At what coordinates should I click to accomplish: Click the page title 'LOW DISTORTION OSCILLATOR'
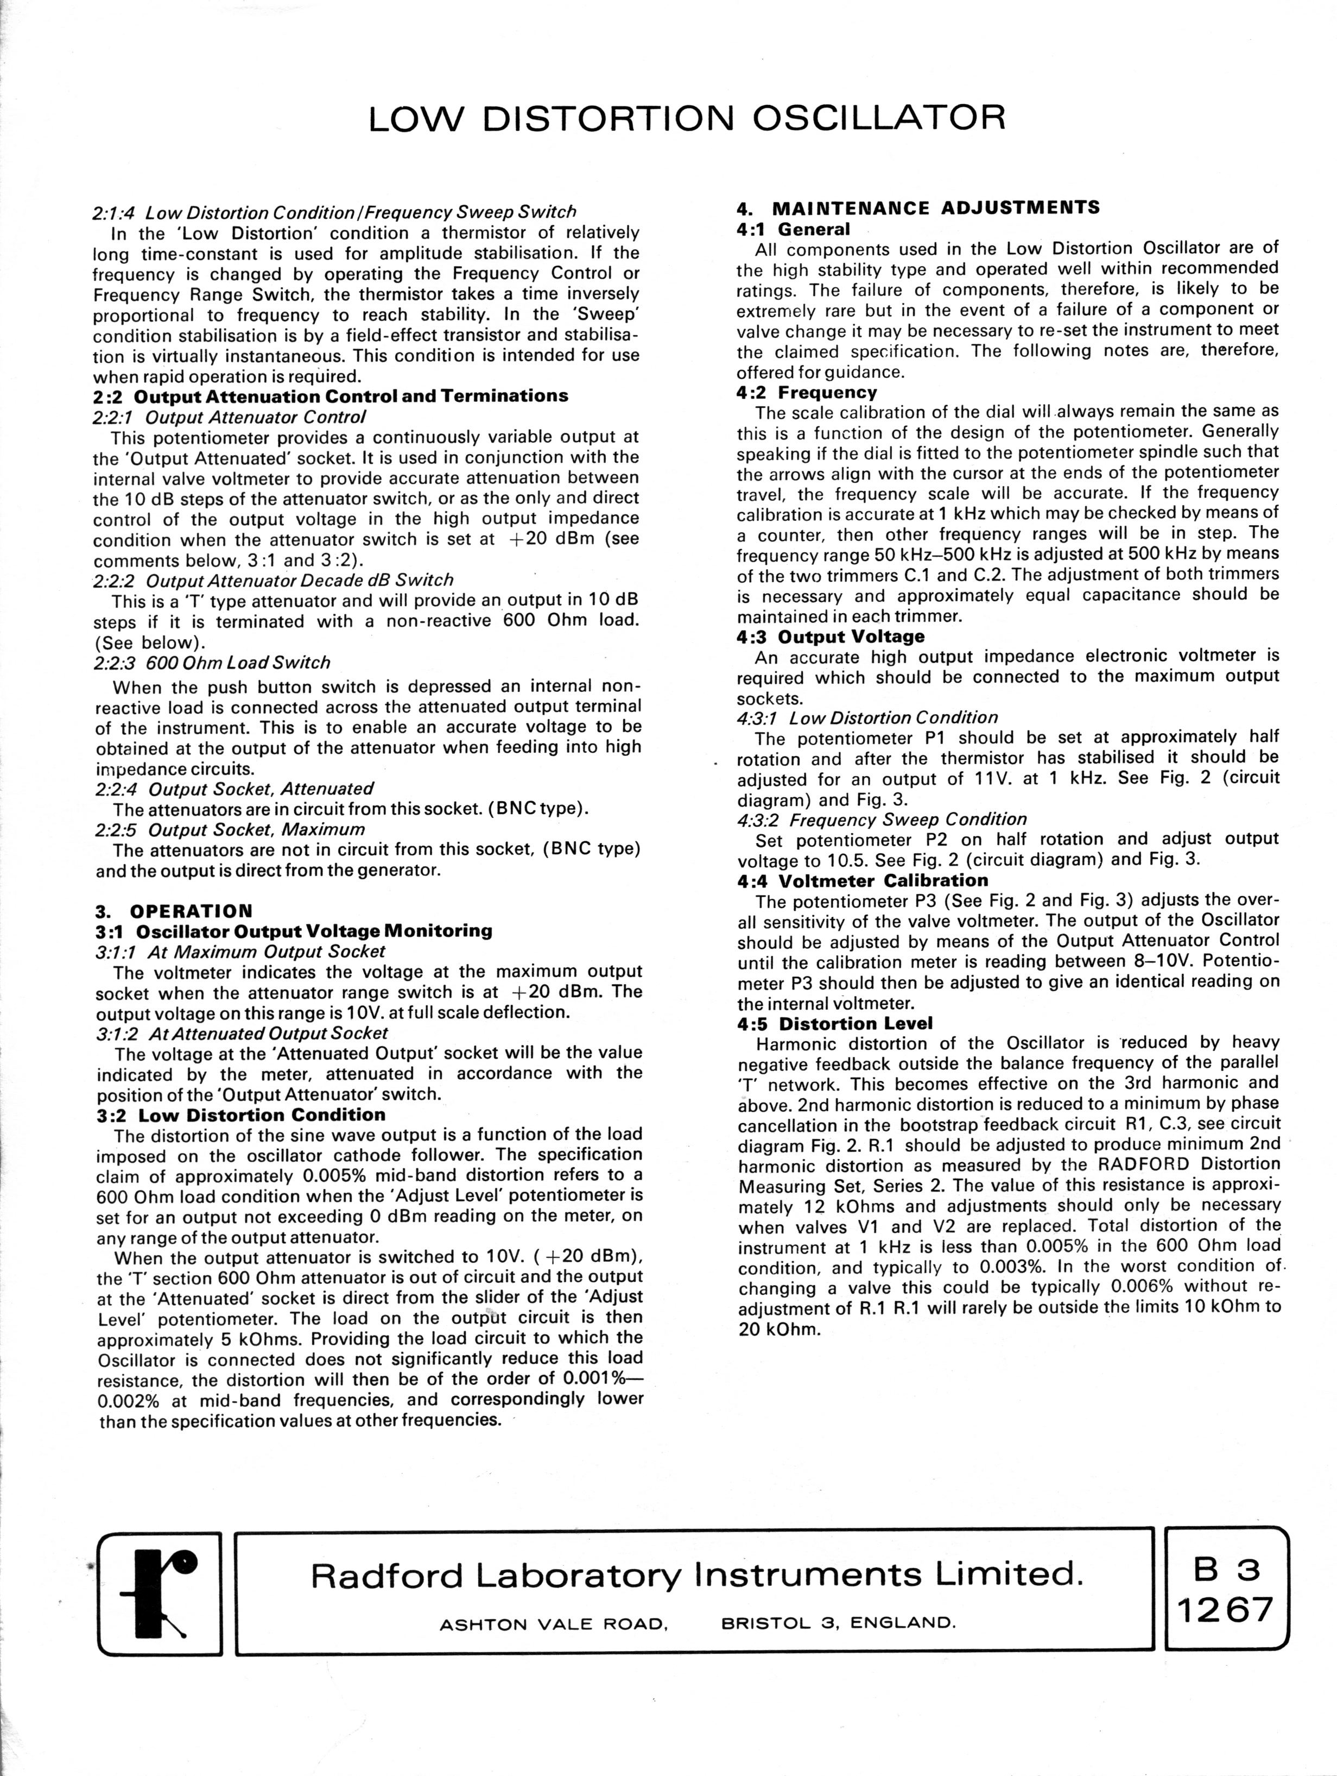686,118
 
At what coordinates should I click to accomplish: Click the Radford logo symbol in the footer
160,1593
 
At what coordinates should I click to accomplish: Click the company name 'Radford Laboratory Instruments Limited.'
696,1575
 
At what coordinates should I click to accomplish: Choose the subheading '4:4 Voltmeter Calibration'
863,880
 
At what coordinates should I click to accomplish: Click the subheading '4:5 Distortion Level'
835,1024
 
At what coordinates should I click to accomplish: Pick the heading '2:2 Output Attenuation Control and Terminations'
331,396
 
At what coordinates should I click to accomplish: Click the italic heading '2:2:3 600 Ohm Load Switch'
212,663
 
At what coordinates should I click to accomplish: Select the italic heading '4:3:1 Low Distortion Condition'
867,718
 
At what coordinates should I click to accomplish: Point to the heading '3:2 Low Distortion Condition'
241,1115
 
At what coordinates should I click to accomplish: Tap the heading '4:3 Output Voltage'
831,637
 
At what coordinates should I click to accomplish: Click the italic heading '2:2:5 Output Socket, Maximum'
230,829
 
